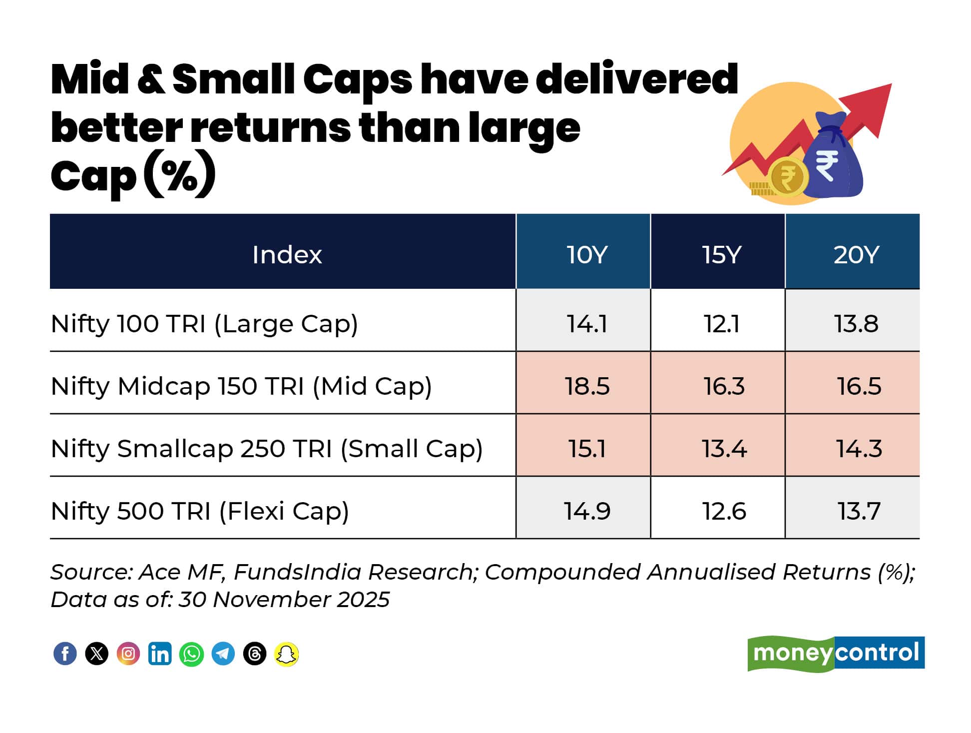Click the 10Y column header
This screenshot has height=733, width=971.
(x=586, y=254)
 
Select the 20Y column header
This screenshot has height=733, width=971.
(x=856, y=254)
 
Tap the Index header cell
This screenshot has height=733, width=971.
(x=287, y=254)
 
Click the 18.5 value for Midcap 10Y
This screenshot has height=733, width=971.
(x=587, y=386)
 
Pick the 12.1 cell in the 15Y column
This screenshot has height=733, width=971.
(x=721, y=324)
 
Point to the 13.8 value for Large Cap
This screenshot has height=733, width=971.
(x=856, y=324)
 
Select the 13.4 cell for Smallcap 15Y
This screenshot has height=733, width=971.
(x=724, y=448)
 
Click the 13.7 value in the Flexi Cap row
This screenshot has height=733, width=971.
(x=859, y=511)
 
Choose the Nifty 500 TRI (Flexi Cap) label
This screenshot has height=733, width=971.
(x=200, y=511)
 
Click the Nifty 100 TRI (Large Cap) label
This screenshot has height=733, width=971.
(x=204, y=324)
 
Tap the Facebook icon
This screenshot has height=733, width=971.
(x=65, y=654)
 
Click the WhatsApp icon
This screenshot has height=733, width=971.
(x=191, y=654)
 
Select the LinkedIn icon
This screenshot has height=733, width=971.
(x=160, y=654)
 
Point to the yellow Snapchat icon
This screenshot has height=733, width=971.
(x=286, y=654)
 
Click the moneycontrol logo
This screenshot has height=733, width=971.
(x=836, y=653)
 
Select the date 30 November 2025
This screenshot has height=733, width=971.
(x=284, y=600)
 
